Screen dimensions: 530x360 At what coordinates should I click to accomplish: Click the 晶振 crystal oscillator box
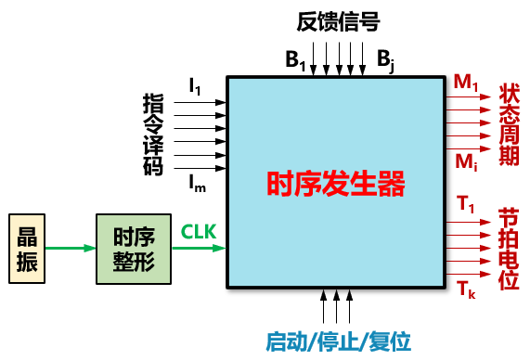(27, 249)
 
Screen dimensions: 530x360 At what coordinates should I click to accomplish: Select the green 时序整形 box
(134, 249)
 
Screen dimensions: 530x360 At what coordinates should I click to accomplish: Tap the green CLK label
(199, 232)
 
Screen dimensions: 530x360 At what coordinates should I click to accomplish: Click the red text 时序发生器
(336, 184)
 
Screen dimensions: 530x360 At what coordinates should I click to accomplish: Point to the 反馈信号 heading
(339, 21)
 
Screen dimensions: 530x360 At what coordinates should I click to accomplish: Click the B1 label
(295, 60)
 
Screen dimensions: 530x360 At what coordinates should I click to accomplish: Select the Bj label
(385, 60)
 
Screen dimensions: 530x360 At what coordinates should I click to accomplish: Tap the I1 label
(195, 86)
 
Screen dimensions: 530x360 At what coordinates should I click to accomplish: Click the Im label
(197, 185)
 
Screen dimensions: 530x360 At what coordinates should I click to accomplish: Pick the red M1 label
(466, 83)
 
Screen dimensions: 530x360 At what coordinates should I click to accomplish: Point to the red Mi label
(466, 162)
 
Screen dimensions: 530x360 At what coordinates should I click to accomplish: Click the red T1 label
(465, 204)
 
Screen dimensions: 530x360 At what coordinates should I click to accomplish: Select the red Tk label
(466, 289)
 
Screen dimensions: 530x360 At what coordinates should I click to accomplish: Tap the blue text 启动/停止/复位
(339, 341)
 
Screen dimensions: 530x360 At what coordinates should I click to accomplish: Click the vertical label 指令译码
(153, 135)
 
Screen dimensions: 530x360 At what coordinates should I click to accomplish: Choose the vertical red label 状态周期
(509, 124)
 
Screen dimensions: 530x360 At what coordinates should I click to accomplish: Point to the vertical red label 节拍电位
(509, 250)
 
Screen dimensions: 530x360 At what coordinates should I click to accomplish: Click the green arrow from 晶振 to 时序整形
(71, 249)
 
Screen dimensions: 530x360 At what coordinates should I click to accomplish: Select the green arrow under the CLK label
(199, 249)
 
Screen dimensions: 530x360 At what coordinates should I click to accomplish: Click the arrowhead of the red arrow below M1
(485, 97)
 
